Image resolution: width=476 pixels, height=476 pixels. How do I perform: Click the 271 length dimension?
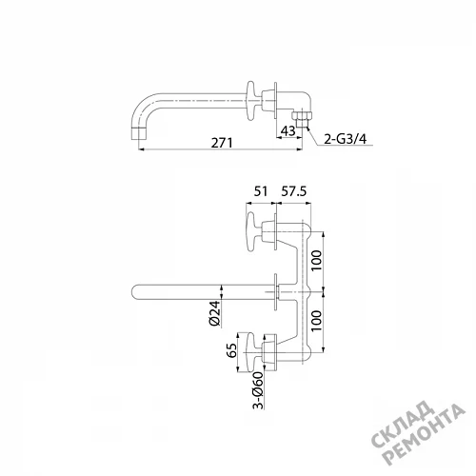[222, 143]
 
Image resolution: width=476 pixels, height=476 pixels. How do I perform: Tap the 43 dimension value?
[288, 130]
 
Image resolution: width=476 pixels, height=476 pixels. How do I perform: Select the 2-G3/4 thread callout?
[346, 139]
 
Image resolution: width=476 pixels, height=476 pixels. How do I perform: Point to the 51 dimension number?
[261, 191]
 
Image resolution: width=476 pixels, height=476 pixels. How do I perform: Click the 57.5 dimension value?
[294, 191]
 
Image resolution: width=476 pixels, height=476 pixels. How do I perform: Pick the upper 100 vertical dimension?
[317, 260]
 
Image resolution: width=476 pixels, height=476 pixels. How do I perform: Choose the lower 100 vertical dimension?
[317, 321]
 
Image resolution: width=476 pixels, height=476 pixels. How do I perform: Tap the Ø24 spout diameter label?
[215, 313]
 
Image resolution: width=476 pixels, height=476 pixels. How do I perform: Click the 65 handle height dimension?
[232, 350]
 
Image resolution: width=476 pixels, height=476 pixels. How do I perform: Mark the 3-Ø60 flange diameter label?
[258, 390]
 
